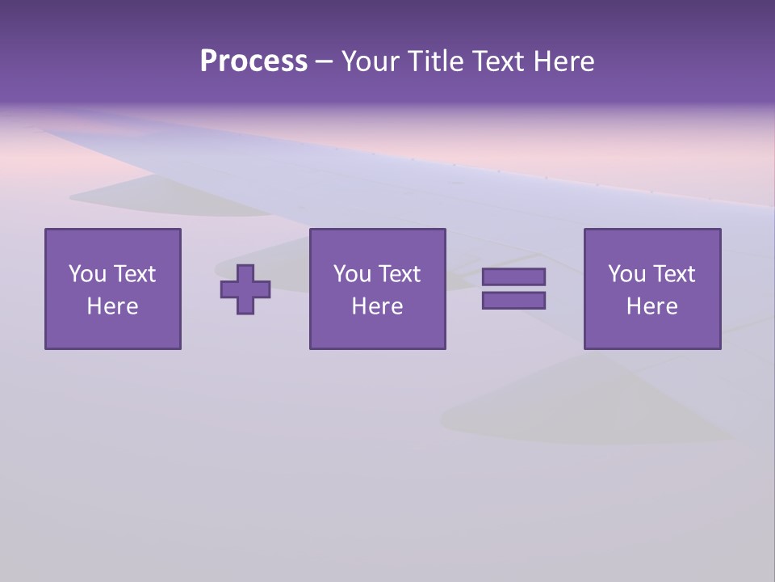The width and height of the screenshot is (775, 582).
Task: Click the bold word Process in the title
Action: tap(253, 61)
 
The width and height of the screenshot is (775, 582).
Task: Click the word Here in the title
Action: tap(564, 61)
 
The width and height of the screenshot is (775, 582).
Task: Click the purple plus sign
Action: tap(245, 289)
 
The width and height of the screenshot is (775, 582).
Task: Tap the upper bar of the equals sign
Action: tap(513, 277)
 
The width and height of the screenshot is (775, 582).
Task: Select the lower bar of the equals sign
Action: tap(513, 300)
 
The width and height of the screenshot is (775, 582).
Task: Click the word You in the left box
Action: tap(87, 274)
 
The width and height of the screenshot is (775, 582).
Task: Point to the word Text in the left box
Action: tap(134, 274)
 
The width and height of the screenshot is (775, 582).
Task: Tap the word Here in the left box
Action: tap(112, 306)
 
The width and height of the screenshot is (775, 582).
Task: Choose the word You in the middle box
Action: tap(352, 274)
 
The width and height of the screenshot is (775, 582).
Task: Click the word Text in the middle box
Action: tap(399, 274)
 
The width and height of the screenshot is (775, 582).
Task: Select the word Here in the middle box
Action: tap(377, 306)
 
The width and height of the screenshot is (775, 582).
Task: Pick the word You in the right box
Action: tap(626, 274)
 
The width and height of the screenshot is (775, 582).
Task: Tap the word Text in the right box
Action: tap(673, 274)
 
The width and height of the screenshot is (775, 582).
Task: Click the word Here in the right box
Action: tap(651, 306)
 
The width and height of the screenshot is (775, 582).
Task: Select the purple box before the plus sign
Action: tap(112, 331)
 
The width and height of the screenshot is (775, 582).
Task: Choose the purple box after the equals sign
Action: tap(651, 331)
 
